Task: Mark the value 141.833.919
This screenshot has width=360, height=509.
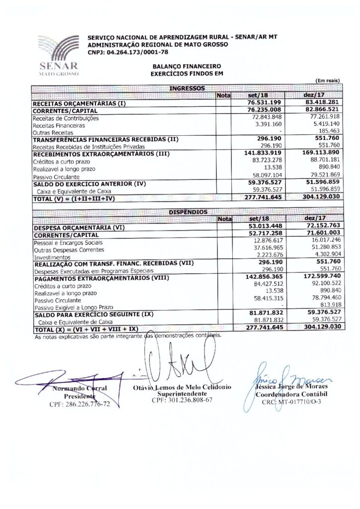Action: [x=261, y=154]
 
